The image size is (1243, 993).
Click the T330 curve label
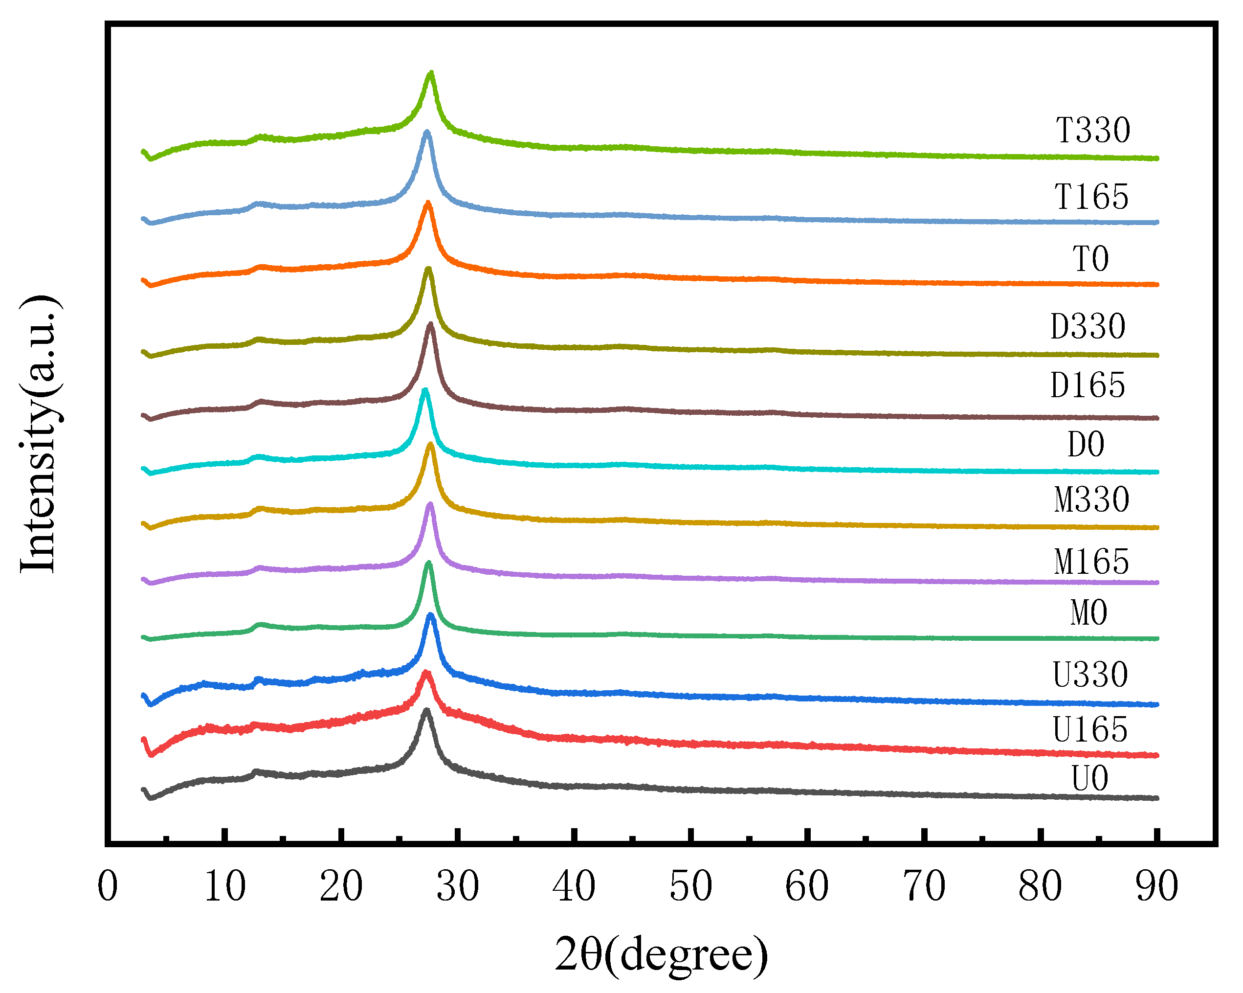[x=1092, y=130]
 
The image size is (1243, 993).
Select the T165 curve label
[x=1091, y=197]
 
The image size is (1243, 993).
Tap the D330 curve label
[x=1088, y=326]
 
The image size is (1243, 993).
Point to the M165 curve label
[x=1091, y=562]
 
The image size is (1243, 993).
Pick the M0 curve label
[x=1089, y=612]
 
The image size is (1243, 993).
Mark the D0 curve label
[x=1086, y=445]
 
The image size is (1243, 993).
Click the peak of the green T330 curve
[x=431, y=73]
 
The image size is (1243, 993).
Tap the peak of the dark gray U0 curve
[x=426, y=710]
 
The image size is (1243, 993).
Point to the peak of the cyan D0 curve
[x=425, y=390]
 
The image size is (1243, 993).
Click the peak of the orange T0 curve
[x=428, y=203]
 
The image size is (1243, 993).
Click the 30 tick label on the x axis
[x=457, y=886]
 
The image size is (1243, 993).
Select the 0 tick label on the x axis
[x=108, y=886]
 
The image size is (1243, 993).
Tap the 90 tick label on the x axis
[x=1156, y=886]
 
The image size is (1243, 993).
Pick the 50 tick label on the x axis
[x=690, y=886]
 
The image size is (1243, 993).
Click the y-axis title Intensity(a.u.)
[x=39, y=434]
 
